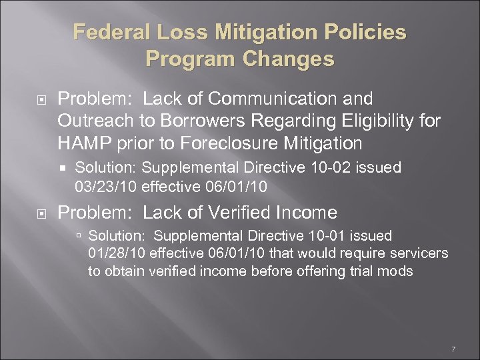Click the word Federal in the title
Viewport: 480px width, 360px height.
pyautogui.click(x=106, y=32)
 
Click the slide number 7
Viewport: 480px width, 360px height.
pyautogui.click(x=453, y=350)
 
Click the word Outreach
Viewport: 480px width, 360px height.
pyautogui.click(x=91, y=121)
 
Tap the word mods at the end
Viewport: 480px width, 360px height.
pyautogui.click(x=397, y=271)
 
